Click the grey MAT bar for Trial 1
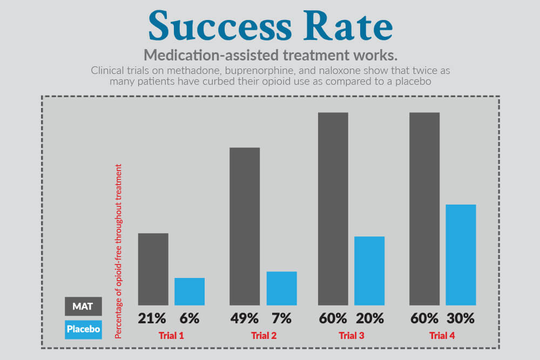153,269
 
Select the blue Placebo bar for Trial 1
190,291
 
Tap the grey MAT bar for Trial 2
245,226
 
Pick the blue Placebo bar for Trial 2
282,288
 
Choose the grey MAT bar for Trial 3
333,209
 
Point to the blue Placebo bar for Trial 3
369,271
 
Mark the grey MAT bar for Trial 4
424,209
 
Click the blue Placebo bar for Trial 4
461,255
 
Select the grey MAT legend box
83,306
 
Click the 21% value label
152,318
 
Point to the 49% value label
244,318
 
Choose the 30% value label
461,318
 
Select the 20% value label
369,318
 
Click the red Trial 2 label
264,336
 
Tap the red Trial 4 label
442,336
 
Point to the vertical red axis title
118,251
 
